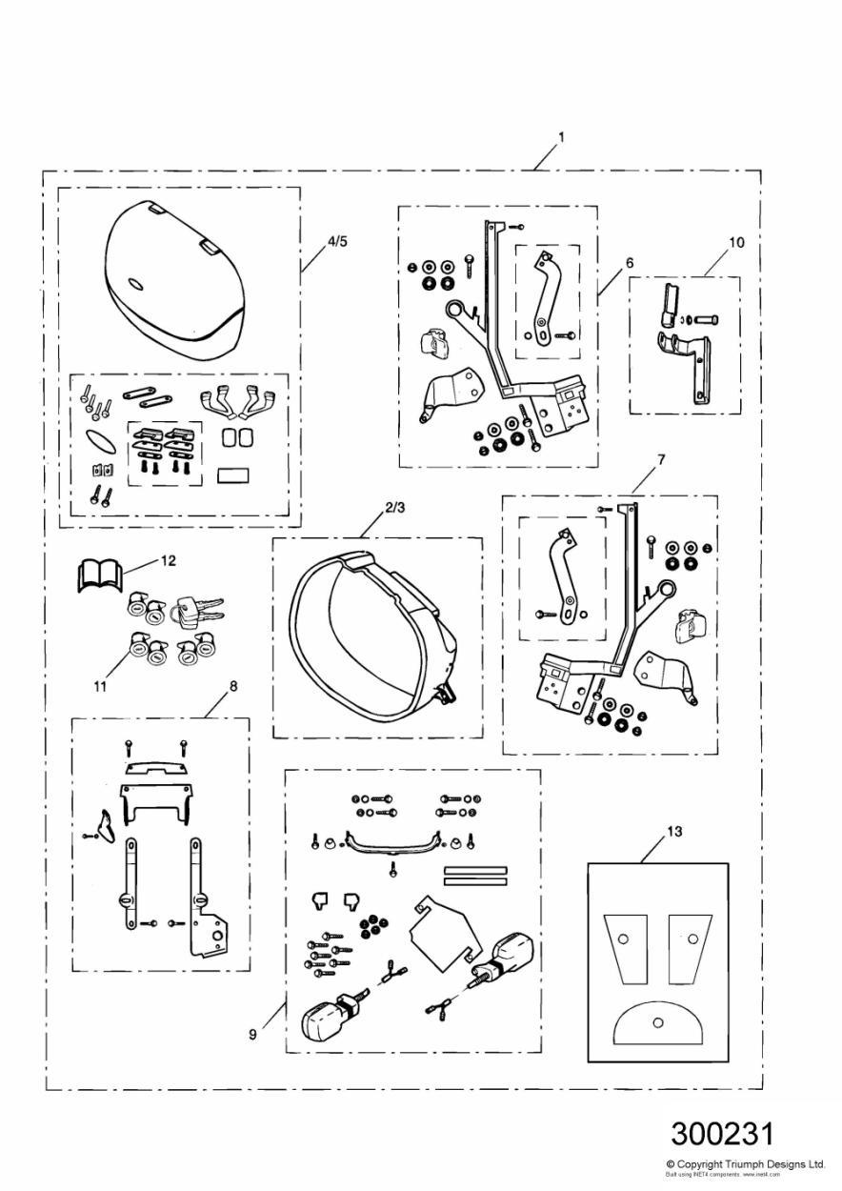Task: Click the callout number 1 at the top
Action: (561, 137)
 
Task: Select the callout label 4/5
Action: (337, 241)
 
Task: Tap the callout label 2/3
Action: (395, 509)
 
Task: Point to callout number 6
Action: (630, 261)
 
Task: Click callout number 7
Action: (661, 459)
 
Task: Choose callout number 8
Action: (233, 684)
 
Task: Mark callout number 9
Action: (252, 1033)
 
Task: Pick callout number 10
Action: (736, 242)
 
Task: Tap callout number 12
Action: (168, 561)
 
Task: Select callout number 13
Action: (673, 832)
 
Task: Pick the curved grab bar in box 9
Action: (393, 842)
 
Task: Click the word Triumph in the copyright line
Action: (748, 1164)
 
